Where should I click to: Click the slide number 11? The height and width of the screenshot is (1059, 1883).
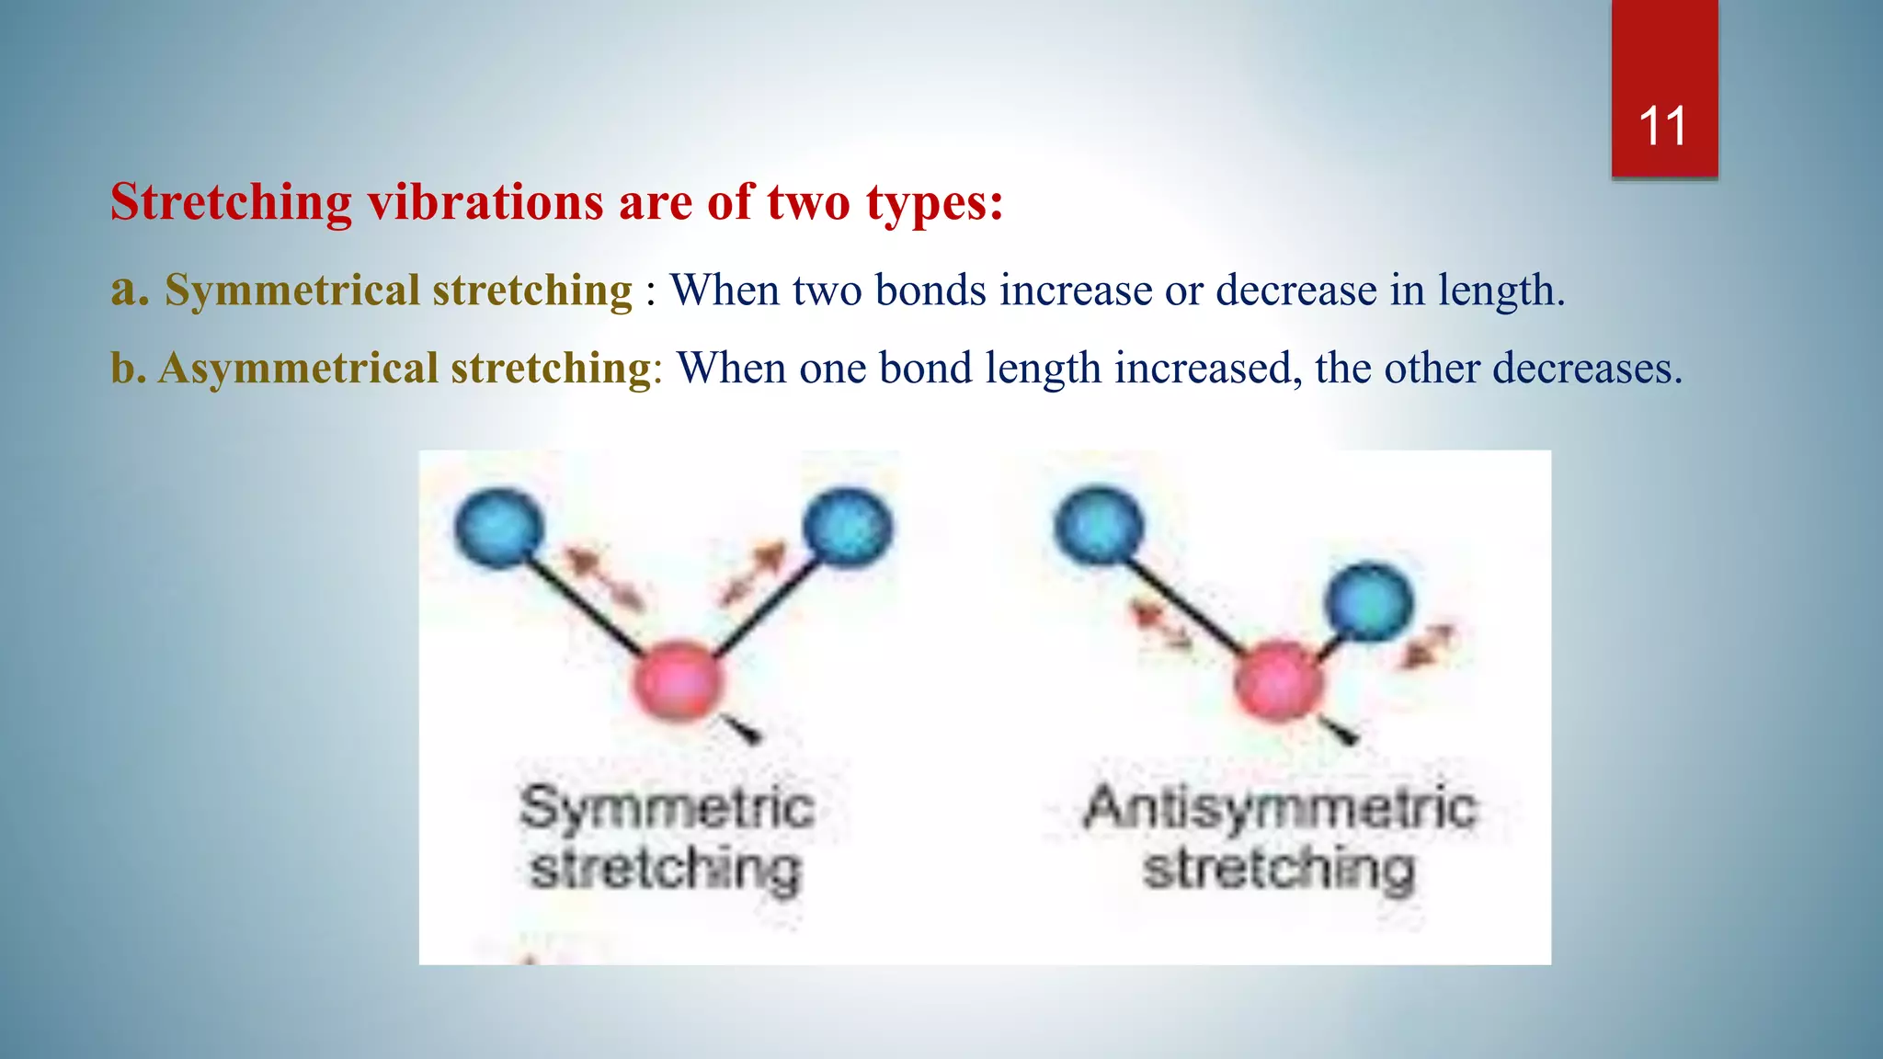[x=1662, y=126]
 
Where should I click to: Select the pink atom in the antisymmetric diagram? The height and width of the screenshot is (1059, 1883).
[x=1278, y=681]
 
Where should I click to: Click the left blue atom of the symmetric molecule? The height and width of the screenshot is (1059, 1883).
[x=499, y=528]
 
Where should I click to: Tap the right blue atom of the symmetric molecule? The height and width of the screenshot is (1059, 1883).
[x=847, y=528]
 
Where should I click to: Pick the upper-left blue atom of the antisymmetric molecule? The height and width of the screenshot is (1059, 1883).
[x=1099, y=528]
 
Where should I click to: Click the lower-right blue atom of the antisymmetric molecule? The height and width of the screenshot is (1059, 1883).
[x=1368, y=602]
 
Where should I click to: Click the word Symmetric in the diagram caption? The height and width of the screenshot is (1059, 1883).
[x=667, y=808]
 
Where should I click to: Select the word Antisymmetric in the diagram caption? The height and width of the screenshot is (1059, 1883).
[x=1280, y=808]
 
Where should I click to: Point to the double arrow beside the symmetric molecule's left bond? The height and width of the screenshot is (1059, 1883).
[x=603, y=578]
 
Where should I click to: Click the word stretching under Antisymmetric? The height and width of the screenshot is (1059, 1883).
[x=1278, y=869]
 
